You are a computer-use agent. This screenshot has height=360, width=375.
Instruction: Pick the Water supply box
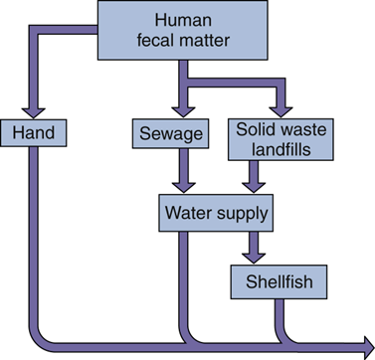coord(215,212)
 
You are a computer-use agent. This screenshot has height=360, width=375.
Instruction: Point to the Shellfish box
coord(273,282)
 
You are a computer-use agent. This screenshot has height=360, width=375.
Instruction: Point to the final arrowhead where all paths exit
coord(361,345)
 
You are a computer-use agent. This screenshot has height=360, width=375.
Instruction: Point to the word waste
coord(298,128)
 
